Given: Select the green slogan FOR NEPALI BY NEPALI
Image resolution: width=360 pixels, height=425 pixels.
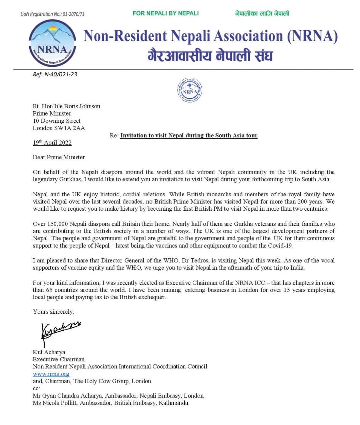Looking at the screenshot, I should click(165, 13).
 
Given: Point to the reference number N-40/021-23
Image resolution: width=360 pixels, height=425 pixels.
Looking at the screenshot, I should click(61, 74).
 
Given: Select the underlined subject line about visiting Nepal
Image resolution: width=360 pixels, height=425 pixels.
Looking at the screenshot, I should click(189, 136).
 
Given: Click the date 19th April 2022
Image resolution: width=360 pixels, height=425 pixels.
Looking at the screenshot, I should click(52, 142).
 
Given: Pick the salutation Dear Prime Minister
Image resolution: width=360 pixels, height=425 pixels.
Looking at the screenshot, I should click(59, 157).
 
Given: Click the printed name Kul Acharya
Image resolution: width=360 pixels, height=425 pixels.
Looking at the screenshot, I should click(49, 352).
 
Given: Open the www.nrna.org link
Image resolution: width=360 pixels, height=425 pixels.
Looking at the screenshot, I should click(51, 374).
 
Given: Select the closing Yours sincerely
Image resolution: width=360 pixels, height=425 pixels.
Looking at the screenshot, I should click(53, 312).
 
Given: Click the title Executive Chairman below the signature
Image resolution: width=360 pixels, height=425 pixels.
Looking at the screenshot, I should click(59, 359).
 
